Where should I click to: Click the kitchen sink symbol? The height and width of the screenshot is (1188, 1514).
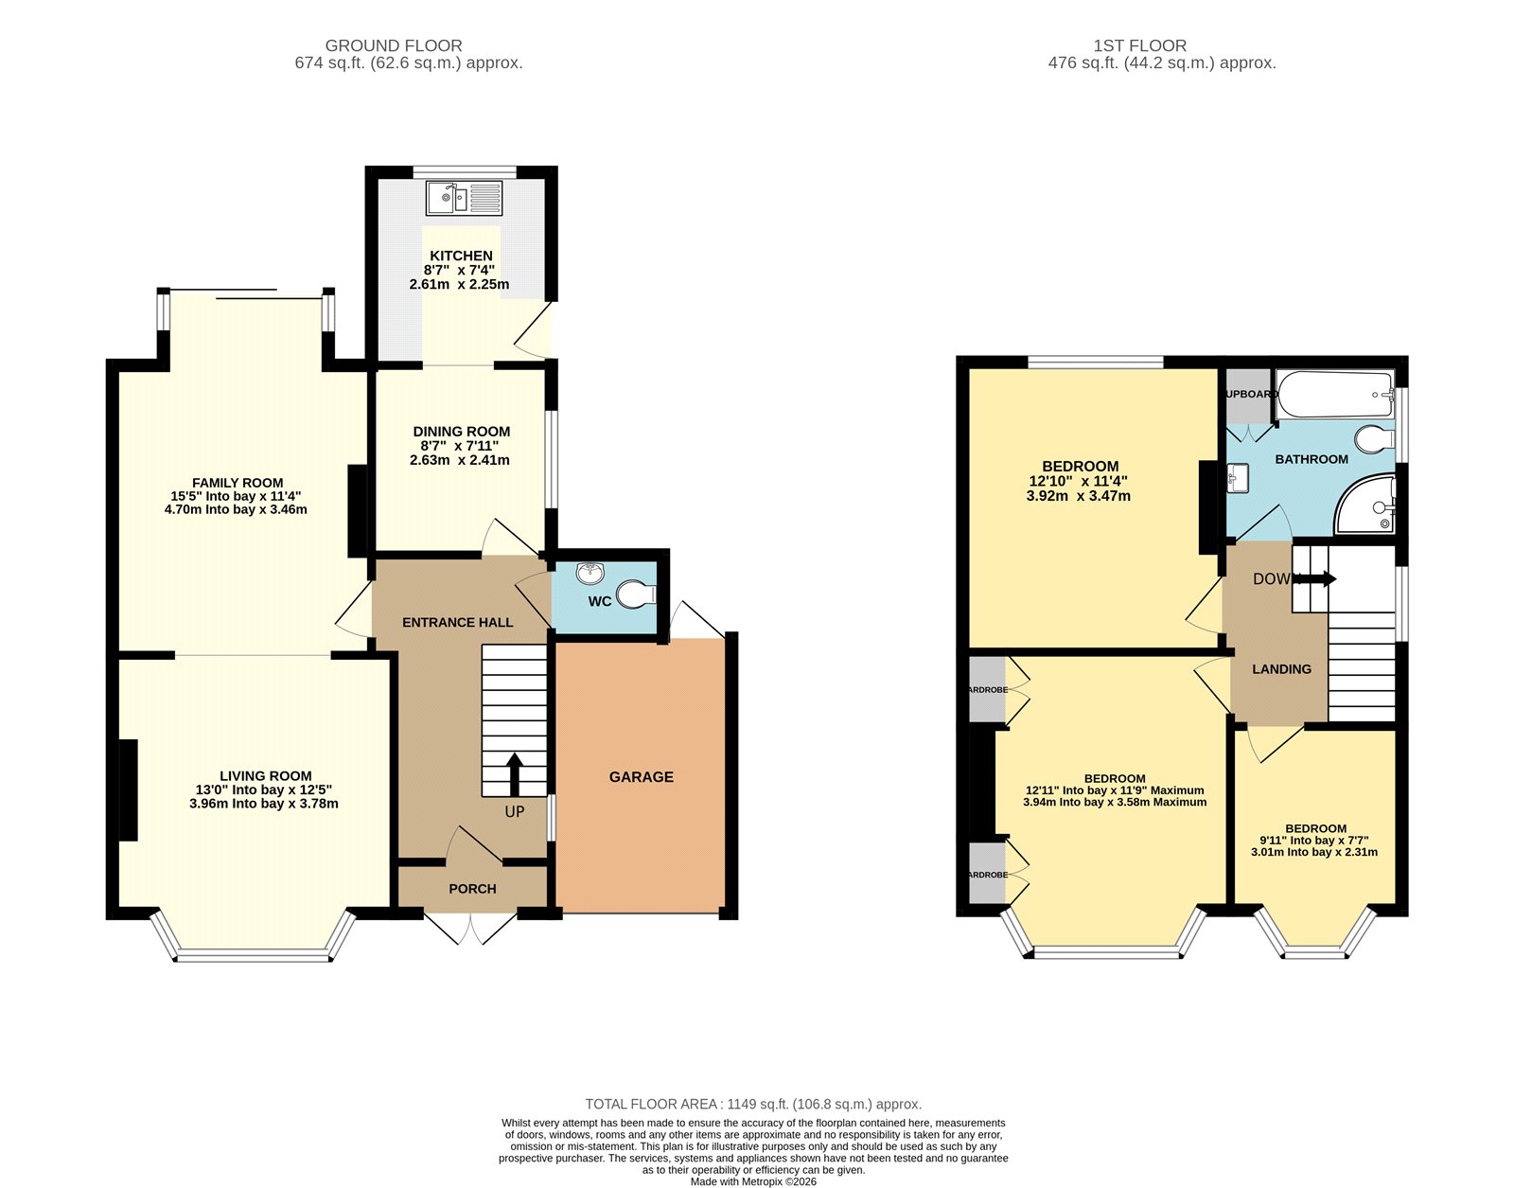(464, 199)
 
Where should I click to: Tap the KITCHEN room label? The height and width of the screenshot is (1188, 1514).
(461, 256)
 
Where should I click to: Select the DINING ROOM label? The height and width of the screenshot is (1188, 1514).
(461, 432)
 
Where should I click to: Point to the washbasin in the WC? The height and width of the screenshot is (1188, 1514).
(590, 571)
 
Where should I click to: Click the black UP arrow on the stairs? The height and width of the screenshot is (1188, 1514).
(515, 774)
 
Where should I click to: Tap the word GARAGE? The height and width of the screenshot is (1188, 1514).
(641, 777)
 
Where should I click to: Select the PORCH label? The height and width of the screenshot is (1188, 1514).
(472, 889)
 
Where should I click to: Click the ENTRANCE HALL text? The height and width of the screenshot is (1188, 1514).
(457, 623)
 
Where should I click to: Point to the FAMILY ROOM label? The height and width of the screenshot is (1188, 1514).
(238, 483)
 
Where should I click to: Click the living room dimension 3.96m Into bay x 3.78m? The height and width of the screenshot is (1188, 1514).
(264, 804)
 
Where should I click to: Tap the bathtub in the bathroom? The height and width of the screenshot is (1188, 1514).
(1334, 394)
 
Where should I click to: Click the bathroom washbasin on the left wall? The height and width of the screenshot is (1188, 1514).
(1238, 478)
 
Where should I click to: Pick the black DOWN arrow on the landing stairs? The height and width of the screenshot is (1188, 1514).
(1317, 578)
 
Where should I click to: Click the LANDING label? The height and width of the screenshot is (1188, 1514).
(1281, 669)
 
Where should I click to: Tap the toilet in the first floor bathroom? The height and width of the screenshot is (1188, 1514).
(1375, 439)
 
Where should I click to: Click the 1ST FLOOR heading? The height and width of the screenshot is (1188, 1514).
(1139, 45)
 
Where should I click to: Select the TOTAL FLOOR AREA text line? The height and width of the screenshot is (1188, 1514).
(753, 1104)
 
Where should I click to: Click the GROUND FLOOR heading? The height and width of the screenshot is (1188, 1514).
(394, 45)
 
